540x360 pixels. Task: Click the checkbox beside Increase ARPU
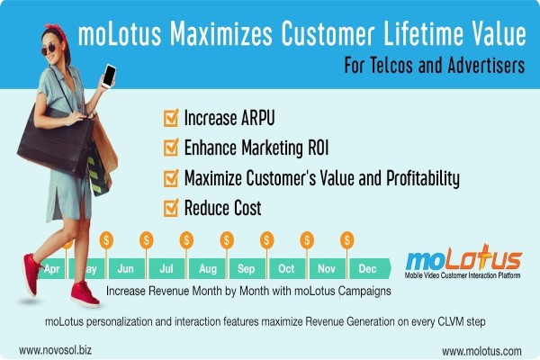(171, 118)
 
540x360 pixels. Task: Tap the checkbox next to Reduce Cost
(171, 208)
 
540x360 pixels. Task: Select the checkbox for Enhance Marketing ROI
(171, 148)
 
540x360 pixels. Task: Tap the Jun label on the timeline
(125, 269)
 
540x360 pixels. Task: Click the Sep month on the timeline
(246, 269)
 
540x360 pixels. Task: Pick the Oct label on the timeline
(286, 269)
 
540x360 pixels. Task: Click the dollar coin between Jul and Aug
(186, 239)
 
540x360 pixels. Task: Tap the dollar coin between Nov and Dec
(346, 239)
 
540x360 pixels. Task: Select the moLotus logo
(463, 262)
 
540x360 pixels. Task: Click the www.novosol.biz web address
(55, 350)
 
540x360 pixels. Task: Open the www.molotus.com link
(481, 351)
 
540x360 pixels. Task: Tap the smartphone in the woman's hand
(109, 76)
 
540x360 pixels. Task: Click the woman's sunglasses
(49, 49)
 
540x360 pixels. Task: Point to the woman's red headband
(57, 31)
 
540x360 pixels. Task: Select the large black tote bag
(55, 140)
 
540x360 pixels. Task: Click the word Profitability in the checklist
(423, 178)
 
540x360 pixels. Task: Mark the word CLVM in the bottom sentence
(451, 322)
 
